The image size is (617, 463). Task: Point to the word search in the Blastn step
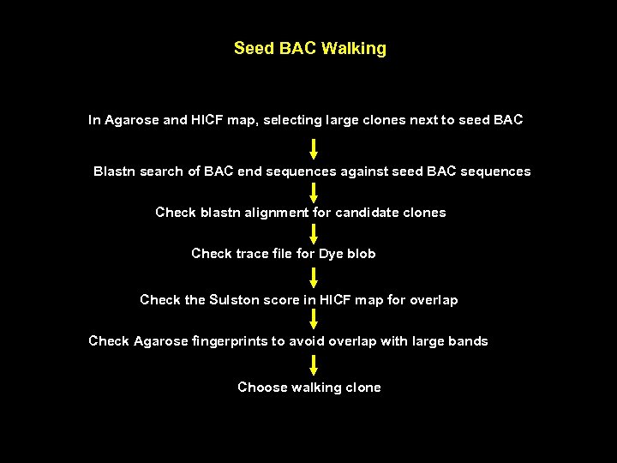coord(160,171)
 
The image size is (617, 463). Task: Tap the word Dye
coord(331,254)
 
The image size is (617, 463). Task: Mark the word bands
coord(469,341)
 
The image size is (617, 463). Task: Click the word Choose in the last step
coord(261,388)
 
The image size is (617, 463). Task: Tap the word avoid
coord(308,341)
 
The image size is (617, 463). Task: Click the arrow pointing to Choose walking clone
coord(314,364)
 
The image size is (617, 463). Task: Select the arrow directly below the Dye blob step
coord(314,277)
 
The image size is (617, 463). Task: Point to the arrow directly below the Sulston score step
coord(314,320)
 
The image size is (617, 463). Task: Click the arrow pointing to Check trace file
coord(314,233)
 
